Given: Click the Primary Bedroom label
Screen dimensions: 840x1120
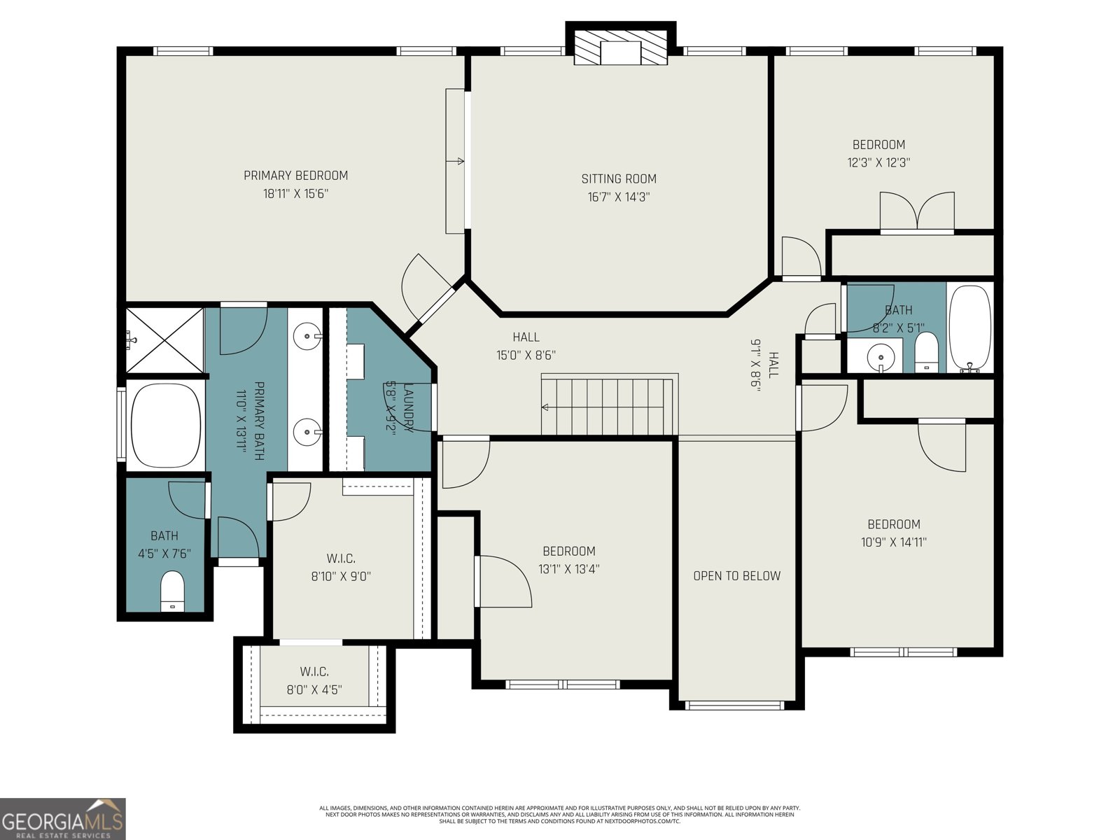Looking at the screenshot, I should tap(295, 176).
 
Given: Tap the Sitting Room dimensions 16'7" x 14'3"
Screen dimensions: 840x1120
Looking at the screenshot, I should tap(619, 197).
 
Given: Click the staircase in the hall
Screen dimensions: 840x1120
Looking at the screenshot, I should tap(608, 406).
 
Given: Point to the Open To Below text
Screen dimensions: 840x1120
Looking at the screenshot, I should tap(736, 576).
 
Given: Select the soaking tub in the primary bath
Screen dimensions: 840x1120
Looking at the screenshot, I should tap(165, 425).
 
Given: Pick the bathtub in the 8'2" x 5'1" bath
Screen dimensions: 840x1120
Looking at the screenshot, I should tap(969, 327).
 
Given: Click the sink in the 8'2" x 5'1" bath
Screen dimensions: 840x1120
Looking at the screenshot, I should tap(879, 358).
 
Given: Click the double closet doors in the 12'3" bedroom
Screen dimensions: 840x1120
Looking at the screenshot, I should tap(916, 212).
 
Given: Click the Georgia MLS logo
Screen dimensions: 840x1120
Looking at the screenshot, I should tap(63, 818).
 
